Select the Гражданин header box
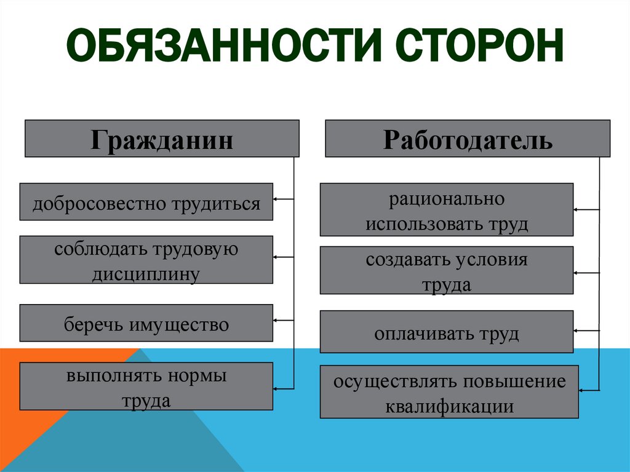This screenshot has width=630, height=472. coord(162,138)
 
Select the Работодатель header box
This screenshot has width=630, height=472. coord(468,138)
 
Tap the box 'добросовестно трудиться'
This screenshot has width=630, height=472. coord(146,201)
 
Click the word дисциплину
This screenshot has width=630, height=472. coord(146,273)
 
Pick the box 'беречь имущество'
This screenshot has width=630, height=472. coord(146,323)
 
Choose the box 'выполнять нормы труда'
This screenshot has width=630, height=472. coord(146,386)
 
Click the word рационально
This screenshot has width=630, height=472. coord(447,199)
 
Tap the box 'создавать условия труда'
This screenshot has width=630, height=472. coord(447,270)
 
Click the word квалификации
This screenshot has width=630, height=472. coord(449,406)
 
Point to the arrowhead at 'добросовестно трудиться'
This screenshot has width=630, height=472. coord(276,199)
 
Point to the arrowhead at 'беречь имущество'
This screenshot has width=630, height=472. coord(276,320)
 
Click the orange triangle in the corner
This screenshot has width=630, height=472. coord(37,394)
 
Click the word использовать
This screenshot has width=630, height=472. coord(418,223)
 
